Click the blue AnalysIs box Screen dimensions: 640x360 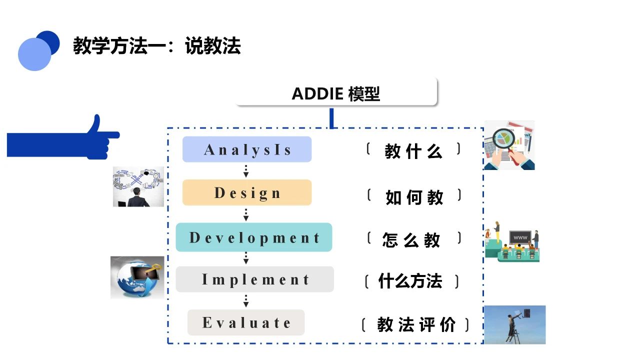click(247, 149)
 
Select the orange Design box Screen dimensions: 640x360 click(247, 192)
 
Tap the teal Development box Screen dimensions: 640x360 click(253, 237)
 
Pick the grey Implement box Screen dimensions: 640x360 click(254, 279)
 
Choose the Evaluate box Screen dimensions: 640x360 click(246, 322)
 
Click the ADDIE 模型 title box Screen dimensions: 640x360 click(336, 92)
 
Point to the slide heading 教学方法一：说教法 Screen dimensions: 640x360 click(157, 45)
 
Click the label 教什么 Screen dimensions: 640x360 click(413, 151)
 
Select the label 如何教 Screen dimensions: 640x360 click(414, 197)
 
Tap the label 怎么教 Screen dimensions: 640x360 click(411, 239)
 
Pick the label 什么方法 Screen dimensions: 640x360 click(410, 281)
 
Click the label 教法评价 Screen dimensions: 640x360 click(416, 324)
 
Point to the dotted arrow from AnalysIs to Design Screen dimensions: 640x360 click(246, 171)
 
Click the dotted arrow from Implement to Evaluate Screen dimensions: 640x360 click(246, 301)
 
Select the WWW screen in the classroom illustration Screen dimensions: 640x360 click(520, 237)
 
